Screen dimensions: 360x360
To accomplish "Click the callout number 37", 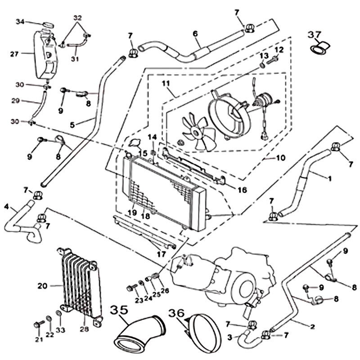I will point(314,35).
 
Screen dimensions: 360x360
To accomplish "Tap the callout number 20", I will point(42,285).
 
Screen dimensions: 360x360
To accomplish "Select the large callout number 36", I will point(176,312).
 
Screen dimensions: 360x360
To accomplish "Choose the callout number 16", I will point(243,190).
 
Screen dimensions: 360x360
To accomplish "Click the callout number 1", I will point(329,178).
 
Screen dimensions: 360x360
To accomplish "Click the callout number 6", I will point(195,33).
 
